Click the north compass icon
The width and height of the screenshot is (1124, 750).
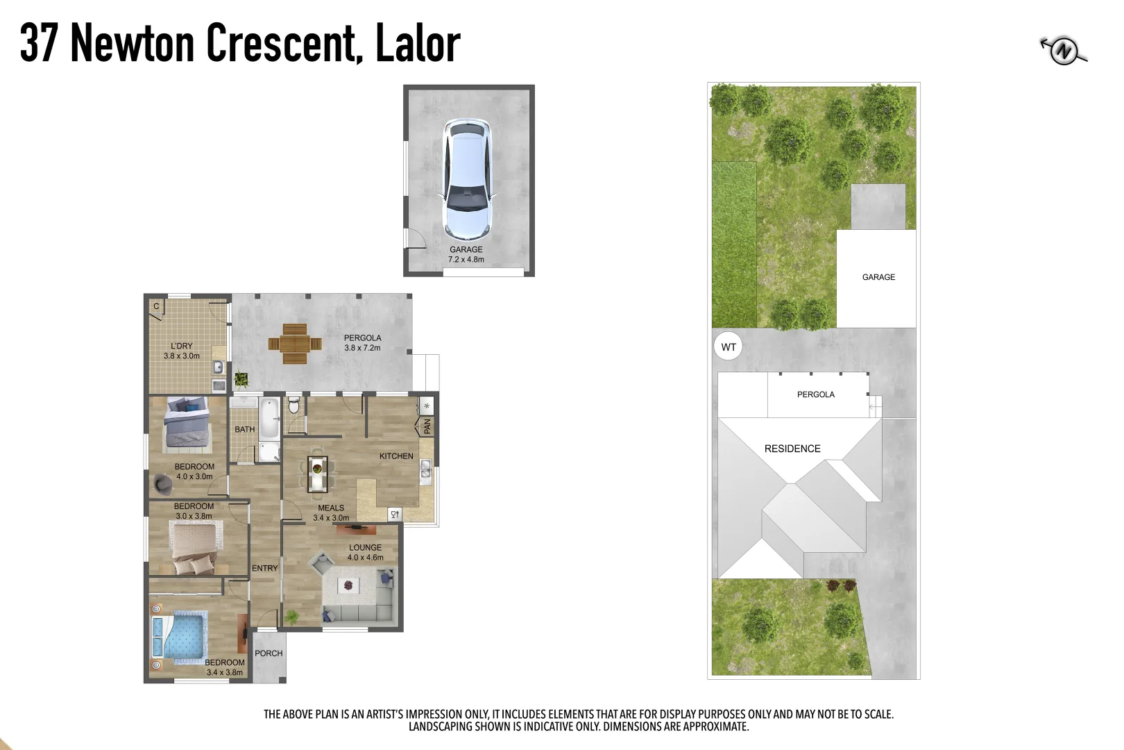[x=1063, y=50]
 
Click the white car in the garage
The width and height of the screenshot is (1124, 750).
[x=468, y=178]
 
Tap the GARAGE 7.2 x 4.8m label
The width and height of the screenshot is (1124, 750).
[x=466, y=254]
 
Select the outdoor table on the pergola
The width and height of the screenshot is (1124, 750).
[x=295, y=343]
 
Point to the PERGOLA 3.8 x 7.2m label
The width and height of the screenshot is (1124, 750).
[x=362, y=343]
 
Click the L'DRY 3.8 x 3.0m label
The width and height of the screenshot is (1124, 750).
[x=182, y=351]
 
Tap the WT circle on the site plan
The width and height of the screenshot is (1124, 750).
[x=729, y=347]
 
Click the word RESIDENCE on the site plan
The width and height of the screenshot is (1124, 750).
[x=792, y=449]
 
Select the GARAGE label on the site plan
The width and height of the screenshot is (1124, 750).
[x=878, y=277]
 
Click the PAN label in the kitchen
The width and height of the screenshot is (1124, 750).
[x=427, y=426]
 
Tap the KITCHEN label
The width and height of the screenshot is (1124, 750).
[x=396, y=456]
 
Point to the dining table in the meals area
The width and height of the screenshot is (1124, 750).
[x=318, y=474]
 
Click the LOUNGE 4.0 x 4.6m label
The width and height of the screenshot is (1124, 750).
[x=365, y=552]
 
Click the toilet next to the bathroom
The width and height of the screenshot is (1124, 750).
[x=293, y=405]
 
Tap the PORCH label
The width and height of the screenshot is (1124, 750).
[x=269, y=653]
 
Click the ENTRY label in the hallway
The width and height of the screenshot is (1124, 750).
[x=264, y=568]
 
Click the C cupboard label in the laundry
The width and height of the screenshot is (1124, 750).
[x=156, y=306]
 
